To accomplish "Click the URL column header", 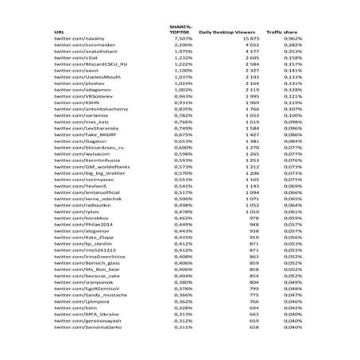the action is [59, 32].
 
